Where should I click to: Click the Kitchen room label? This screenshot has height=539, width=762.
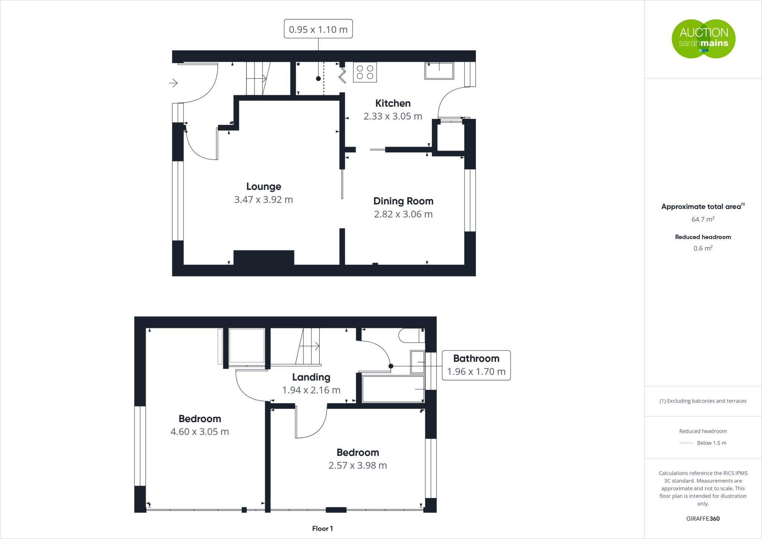pyautogui.click(x=393, y=103)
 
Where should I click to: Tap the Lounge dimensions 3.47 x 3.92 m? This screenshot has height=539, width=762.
pyautogui.click(x=263, y=200)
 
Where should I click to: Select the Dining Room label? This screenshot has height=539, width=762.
pyautogui.click(x=403, y=201)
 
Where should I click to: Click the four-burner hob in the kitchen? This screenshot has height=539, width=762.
pyautogui.click(x=365, y=72)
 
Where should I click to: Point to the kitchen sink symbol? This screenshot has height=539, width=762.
pyautogui.click(x=439, y=71)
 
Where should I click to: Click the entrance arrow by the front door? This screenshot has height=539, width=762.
pyautogui.click(x=173, y=83)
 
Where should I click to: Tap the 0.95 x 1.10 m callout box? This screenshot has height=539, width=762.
pyautogui.click(x=318, y=29)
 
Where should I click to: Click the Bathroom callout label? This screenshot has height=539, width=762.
pyautogui.click(x=476, y=358)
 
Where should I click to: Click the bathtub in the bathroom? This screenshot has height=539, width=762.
pyautogui.click(x=393, y=389)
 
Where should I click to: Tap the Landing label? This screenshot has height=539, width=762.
pyautogui.click(x=311, y=377)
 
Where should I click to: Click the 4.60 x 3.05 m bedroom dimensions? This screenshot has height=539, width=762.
pyautogui.click(x=199, y=432)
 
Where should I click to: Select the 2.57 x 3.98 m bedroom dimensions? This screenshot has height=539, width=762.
pyautogui.click(x=358, y=465)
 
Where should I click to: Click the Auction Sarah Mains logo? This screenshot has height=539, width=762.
pyautogui.click(x=703, y=39)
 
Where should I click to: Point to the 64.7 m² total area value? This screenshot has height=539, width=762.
pyautogui.click(x=702, y=219)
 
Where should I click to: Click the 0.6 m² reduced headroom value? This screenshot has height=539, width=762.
pyautogui.click(x=702, y=248)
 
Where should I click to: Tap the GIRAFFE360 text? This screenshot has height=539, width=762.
pyautogui.click(x=702, y=519)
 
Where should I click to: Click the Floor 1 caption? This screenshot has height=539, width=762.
pyautogui.click(x=322, y=529)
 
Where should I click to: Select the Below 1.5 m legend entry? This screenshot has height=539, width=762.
pyautogui.click(x=711, y=443)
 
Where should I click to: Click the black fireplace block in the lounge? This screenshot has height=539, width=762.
pyautogui.click(x=263, y=258)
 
